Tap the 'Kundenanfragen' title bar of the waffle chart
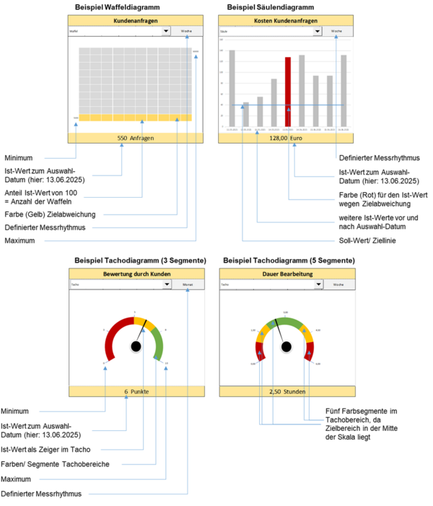pyautogui.click(x=137, y=22)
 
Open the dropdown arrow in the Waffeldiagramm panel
pyautogui.click(x=166, y=32)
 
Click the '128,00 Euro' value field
pyautogui.click(x=287, y=137)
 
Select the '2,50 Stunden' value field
pyautogui.click(x=287, y=391)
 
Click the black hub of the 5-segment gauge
pyautogui.click(x=287, y=347)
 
